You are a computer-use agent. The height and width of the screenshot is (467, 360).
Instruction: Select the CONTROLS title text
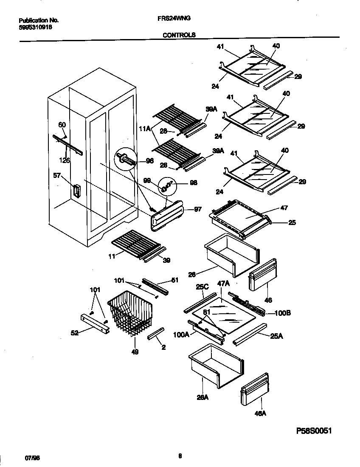tap(179, 35)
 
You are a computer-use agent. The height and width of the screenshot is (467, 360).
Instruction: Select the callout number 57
tap(57, 175)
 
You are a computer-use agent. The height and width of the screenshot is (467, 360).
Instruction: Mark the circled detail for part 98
tap(167, 185)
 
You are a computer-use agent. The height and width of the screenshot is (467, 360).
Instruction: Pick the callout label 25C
tap(201, 287)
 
